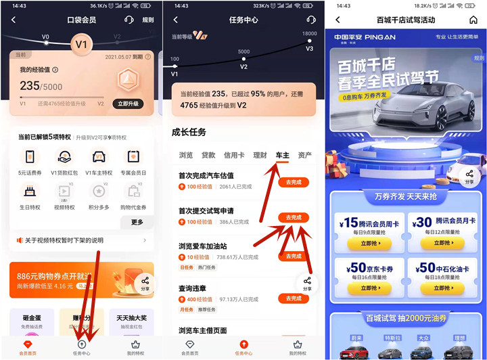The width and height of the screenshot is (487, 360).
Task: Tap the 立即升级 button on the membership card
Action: point(129,104)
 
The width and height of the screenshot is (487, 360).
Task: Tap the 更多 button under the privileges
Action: point(137,222)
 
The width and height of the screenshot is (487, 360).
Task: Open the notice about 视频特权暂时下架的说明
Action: point(81,240)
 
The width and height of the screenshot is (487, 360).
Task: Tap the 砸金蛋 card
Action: point(31,323)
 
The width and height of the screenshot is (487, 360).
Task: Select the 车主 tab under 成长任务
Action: point(282,156)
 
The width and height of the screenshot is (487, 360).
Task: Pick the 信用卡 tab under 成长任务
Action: point(235,156)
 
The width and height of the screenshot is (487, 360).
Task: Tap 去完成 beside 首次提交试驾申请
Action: point(294,217)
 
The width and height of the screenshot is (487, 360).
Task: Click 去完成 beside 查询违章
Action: point(294,298)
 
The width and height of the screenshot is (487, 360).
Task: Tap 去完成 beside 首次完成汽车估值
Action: point(294,182)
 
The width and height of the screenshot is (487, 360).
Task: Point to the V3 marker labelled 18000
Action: point(309,42)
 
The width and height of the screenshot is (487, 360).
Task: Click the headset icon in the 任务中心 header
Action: point(310,20)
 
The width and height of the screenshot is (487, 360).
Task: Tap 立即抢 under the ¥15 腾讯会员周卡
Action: point(367,244)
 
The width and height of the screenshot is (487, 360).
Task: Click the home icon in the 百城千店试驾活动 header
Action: point(473,20)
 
